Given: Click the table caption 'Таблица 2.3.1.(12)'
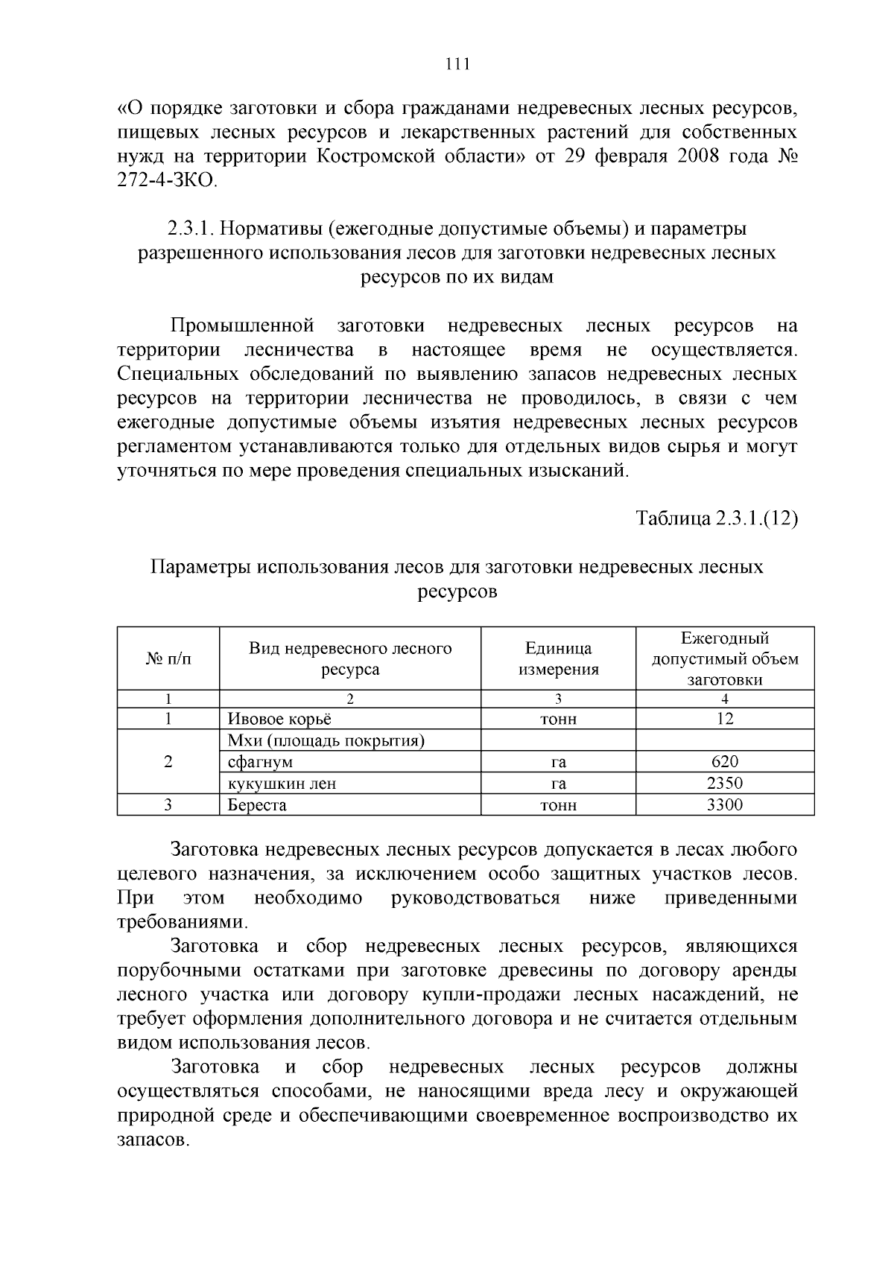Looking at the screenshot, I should pyautogui.click(x=716, y=519).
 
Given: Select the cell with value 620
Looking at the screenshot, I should pyautogui.click(x=724, y=761).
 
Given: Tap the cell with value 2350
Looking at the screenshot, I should pyautogui.click(x=724, y=783).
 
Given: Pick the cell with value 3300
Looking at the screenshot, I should pyautogui.click(x=724, y=804).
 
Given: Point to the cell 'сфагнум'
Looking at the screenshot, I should pyautogui.click(x=260, y=762).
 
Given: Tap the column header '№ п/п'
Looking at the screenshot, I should pyautogui.click(x=168, y=658).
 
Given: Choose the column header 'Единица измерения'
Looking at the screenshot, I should pyautogui.click(x=558, y=658).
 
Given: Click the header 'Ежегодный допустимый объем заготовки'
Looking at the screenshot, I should pyautogui.click(x=724, y=658).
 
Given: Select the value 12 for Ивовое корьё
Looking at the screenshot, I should pyautogui.click(x=724, y=719).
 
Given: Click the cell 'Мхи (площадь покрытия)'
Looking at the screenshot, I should pyautogui.click(x=326, y=740).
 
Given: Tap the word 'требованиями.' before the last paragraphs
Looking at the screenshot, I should pyautogui.click(x=182, y=922).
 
